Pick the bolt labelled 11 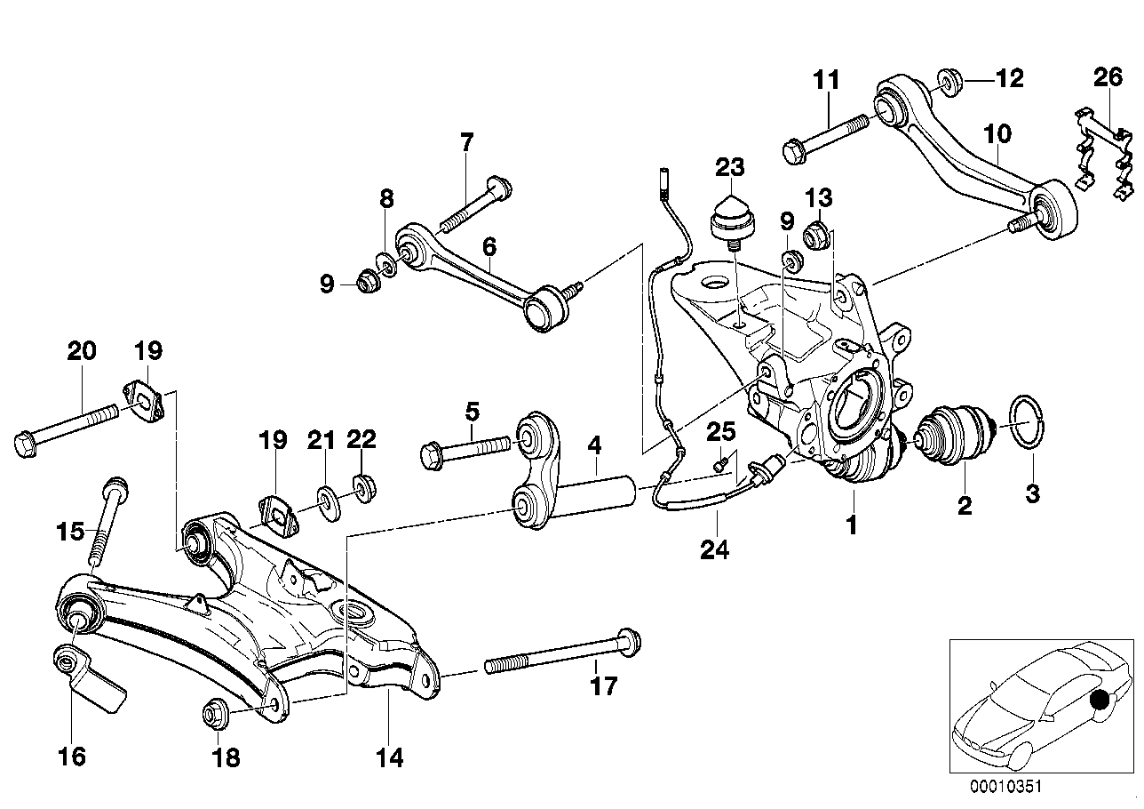(826, 136)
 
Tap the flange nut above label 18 (214, 713)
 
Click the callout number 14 (389, 757)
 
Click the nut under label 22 (362, 487)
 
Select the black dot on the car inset (1100, 701)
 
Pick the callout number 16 (72, 757)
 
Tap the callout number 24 (713, 550)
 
